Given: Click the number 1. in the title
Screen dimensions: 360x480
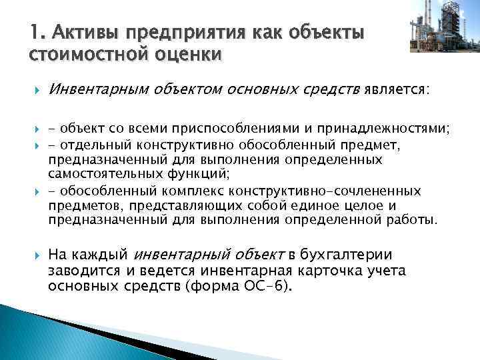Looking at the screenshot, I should click(37, 32).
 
